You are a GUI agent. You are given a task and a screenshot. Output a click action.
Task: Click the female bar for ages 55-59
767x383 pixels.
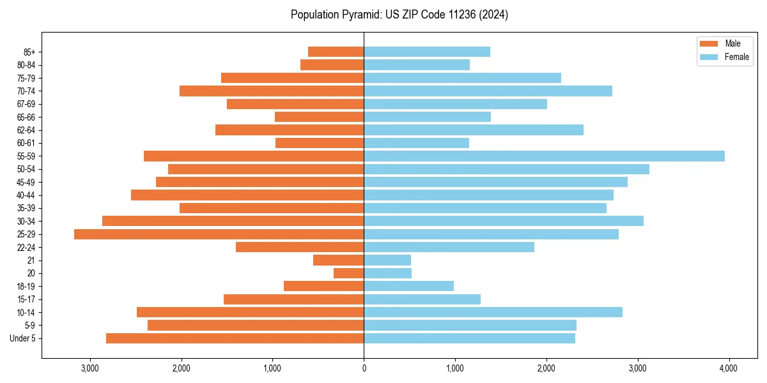coord(543,156)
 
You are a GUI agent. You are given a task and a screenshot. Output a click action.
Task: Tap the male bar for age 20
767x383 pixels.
coord(349,273)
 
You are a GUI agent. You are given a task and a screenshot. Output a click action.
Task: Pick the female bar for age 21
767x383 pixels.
coord(387,260)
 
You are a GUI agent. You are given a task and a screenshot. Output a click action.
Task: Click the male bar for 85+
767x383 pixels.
coord(336,52)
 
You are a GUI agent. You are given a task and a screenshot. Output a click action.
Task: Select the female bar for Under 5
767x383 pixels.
coord(469,338)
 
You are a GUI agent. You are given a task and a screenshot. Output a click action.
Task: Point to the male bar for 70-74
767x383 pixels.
coord(272,91)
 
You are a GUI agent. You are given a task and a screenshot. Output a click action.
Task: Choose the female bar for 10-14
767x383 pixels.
coord(493,312)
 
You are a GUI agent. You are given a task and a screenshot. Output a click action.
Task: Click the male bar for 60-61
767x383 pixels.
coord(320,143)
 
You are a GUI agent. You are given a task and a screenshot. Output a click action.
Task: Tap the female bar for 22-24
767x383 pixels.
coord(449,247)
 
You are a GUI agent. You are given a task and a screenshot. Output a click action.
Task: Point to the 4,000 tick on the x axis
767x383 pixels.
coord(729,368)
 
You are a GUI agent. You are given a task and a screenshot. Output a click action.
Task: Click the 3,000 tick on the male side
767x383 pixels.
coord(90,368)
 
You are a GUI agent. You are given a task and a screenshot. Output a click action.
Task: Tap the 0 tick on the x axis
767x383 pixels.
coord(364,368)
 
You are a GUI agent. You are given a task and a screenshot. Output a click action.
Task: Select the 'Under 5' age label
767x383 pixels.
coord(23,338)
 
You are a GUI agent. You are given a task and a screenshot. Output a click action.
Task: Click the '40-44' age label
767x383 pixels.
coord(26,195)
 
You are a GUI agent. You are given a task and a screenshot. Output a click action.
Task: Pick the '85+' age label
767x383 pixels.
coord(28,52)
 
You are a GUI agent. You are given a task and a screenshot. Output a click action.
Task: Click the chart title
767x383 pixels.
coord(399,15)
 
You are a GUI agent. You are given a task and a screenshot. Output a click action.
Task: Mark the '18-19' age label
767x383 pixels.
coord(26,287)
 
